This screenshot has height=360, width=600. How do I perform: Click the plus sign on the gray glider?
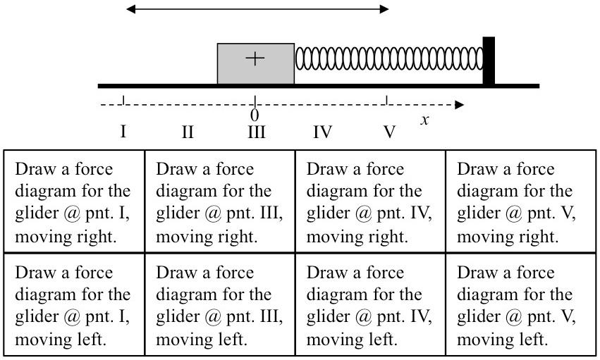point(255,58)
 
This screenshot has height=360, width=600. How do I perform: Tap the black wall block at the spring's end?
point(488,63)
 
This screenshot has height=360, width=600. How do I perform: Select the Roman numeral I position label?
point(123,132)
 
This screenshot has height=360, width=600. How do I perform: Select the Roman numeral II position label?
point(188,132)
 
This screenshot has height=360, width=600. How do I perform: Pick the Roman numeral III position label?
point(255,132)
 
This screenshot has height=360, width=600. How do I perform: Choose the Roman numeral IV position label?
point(322,132)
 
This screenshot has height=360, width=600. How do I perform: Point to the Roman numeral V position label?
point(389,132)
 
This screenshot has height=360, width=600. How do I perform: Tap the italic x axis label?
point(424,120)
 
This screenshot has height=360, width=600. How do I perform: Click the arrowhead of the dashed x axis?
point(460,105)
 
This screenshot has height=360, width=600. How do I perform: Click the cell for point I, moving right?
point(74,201)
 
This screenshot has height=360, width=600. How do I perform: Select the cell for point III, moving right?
point(219,201)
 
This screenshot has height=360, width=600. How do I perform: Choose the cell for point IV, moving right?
point(370,201)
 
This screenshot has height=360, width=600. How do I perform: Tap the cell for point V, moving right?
point(520,201)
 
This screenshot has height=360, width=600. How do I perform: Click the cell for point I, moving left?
point(74,304)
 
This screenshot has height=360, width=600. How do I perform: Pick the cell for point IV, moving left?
point(370,304)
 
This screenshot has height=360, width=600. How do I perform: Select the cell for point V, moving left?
point(520,304)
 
